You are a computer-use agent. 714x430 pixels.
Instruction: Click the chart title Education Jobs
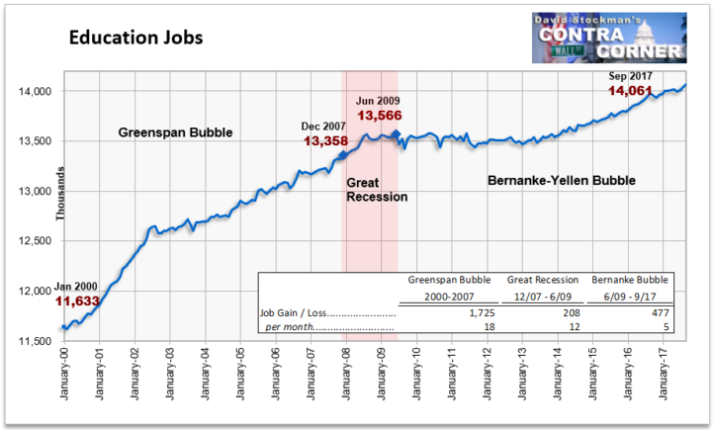tap(135, 38)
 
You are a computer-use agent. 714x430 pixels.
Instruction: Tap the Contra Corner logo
tap(609, 38)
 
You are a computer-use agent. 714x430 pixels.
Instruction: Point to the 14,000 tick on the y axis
tap(35, 92)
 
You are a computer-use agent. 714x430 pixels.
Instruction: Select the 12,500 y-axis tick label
tap(35, 241)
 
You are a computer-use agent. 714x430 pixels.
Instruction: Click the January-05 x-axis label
tap(240, 374)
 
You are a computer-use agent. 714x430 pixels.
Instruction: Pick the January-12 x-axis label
tap(488, 374)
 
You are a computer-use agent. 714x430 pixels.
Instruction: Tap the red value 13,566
tap(380, 116)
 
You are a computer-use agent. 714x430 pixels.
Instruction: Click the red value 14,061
tap(630, 91)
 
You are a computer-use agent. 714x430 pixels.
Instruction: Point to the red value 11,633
tap(77, 301)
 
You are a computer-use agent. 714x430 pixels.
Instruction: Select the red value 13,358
tap(325, 141)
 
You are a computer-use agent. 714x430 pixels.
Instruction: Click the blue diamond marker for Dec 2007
tap(343, 155)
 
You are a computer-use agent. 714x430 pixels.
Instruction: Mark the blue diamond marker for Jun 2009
tap(397, 134)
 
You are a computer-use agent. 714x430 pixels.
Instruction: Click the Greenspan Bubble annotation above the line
tap(175, 132)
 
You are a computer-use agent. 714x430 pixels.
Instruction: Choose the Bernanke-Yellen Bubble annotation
tap(562, 181)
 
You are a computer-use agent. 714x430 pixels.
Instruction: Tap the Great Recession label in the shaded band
tap(377, 190)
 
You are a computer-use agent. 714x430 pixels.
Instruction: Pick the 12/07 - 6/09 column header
tap(543, 297)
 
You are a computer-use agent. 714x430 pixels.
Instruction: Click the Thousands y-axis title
tap(60, 194)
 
